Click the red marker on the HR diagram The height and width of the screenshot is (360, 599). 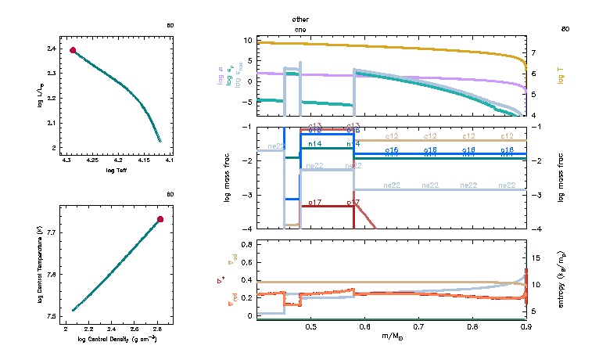tap(73, 50)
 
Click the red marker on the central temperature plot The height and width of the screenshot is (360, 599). tap(160, 219)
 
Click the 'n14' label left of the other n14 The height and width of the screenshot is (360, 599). tap(314, 144)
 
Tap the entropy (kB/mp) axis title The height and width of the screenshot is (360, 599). tap(562, 279)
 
